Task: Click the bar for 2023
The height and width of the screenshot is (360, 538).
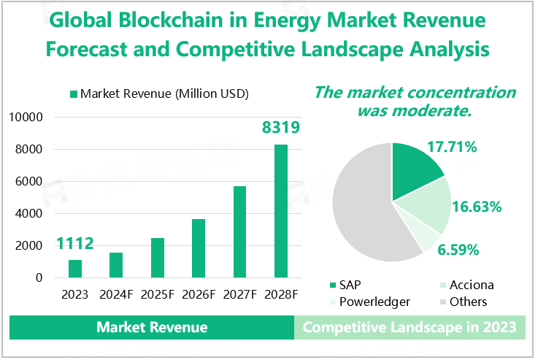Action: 75,269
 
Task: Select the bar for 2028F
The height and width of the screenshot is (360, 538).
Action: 281,211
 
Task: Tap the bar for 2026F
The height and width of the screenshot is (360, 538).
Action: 199,248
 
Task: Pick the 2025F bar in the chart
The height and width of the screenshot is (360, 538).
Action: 158,258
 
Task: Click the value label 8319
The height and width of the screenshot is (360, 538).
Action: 281,129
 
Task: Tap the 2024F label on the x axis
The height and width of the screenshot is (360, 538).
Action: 116,295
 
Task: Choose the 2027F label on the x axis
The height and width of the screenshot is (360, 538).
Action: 239,295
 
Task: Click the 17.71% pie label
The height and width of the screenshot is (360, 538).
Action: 452,148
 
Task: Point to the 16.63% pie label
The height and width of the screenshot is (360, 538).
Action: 477,207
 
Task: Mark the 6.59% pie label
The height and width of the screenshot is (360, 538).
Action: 458,250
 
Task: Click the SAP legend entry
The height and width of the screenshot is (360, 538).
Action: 347,285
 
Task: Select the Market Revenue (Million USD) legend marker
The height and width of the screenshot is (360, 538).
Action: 73,93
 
